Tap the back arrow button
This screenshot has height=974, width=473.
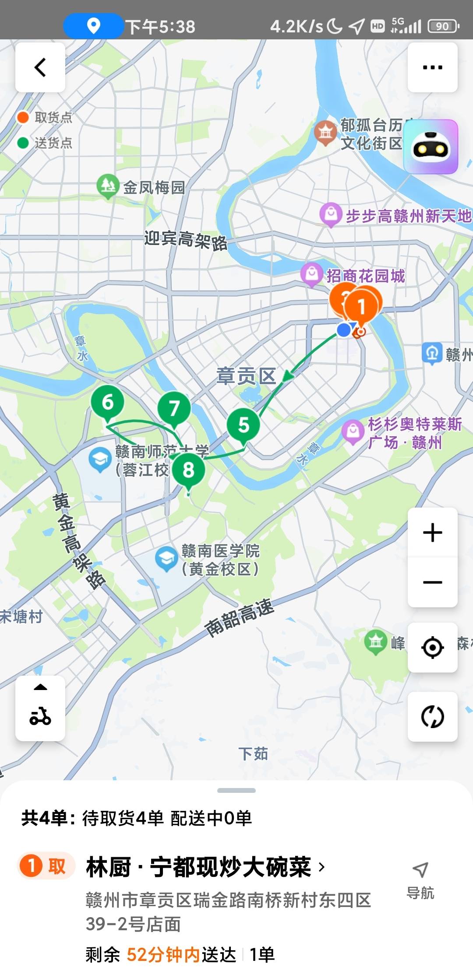(x=40, y=67)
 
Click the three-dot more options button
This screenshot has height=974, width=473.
(x=432, y=67)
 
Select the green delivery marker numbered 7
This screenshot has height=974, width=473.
(x=174, y=408)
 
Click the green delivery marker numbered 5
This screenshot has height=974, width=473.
(x=243, y=425)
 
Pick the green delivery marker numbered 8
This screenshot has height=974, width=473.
(x=188, y=470)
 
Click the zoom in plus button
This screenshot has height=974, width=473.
(x=432, y=533)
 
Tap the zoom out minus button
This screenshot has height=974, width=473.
(x=432, y=582)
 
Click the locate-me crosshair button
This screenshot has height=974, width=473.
(x=432, y=647)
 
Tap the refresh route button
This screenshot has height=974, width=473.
(x=432, y=716)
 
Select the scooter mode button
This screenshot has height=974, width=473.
(x=40, y=708)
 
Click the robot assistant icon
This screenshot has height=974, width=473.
(x=431, y=147)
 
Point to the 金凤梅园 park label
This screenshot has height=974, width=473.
(x=153, y=188)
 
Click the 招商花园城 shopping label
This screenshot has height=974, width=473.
(x=365, y=276)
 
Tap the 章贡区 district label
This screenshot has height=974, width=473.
(x=246, y=376)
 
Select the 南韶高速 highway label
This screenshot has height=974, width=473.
(x=239, y=618)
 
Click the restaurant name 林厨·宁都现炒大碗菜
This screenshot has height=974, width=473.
(x=198, y=867)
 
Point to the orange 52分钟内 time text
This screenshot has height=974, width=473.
(x=163, y=954)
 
